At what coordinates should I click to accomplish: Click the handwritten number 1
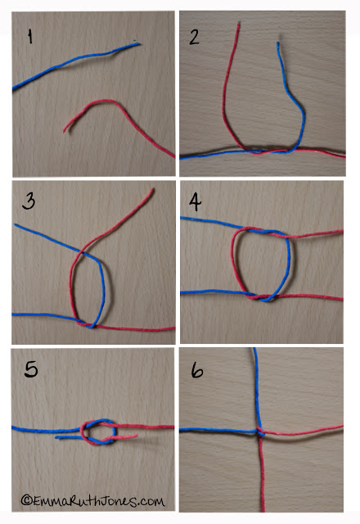coord(30,36)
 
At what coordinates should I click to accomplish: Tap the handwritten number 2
coord(195,37)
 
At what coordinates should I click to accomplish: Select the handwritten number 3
coord(29,201)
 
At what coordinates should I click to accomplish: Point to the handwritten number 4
coord(196,201)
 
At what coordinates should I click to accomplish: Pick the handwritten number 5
coord(31,369)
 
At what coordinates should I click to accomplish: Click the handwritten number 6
coord(197,370)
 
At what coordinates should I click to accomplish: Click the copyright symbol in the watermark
coord(26,499)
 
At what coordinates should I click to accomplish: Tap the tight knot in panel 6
coord(260,431)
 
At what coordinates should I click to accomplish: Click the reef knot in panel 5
coord(98,432)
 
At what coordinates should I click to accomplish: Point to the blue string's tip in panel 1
coord(139,43)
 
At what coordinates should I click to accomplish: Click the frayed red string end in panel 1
coord(65,130)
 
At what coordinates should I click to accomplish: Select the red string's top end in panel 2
coord(239,24)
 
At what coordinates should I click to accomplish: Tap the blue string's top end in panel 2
coord(278,43)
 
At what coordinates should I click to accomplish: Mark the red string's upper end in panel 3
coord(153,189)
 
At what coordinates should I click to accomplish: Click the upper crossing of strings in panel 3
coord(83,252)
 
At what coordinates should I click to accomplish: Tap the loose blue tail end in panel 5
coord(56,437)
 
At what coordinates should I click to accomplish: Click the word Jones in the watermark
coord(118,500)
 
